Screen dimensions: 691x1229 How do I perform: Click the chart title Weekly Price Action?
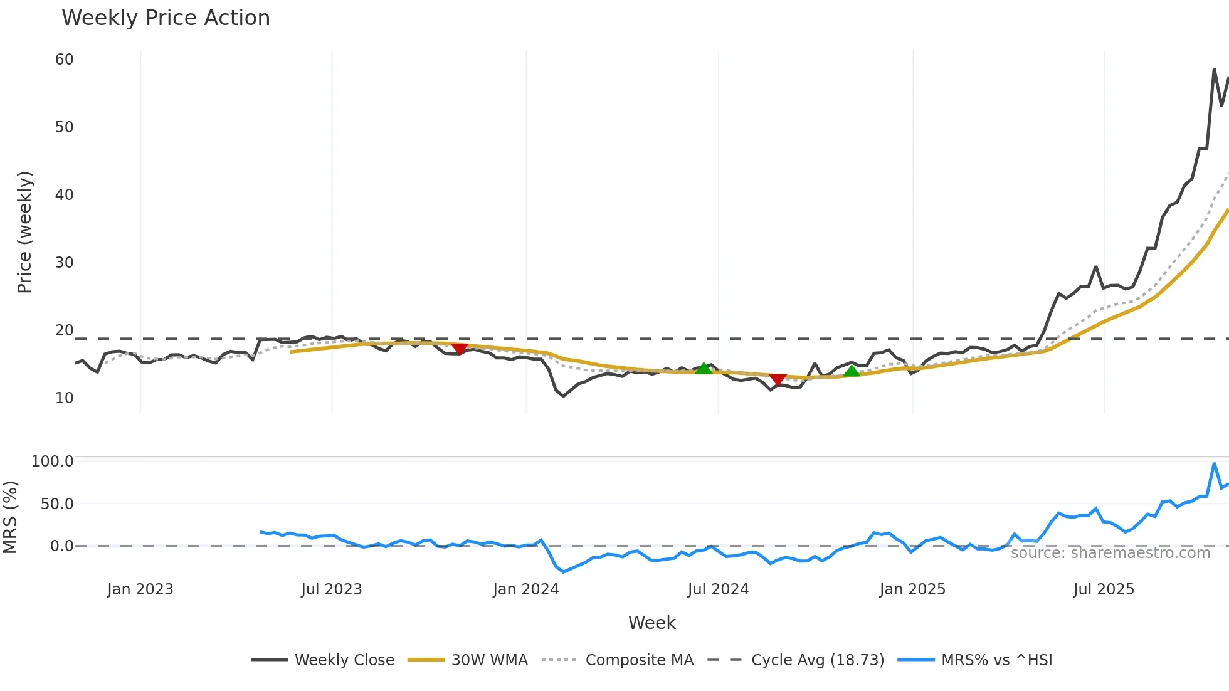click(x=166, y=18)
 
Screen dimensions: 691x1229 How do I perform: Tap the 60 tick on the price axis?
click(x=65, y=60)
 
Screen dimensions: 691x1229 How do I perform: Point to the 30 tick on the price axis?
click(x=65, y=263)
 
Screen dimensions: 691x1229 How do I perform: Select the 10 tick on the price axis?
click(x=65, y=398)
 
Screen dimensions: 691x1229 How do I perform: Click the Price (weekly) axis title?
click(x=24, y=232)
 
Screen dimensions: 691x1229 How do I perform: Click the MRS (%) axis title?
click(x=11, y=517)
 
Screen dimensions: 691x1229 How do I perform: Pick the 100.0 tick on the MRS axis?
click(x=53, y=462)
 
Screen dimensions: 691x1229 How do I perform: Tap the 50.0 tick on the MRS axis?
click(x=57, y=504)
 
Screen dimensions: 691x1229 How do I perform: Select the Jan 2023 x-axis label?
click(x=140, y=589)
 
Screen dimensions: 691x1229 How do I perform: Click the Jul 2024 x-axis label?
click(x=718, y=589)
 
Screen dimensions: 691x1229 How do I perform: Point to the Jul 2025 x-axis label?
click(x=1104, y=589)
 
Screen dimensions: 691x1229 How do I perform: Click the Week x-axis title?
click(x=652, y=623)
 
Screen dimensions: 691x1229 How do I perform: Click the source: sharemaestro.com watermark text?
click(x=1110, y=553)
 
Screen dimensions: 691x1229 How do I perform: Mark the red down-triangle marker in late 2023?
click(x=460, y=348)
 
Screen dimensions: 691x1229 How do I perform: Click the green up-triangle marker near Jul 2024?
click(x=704, y=369)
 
